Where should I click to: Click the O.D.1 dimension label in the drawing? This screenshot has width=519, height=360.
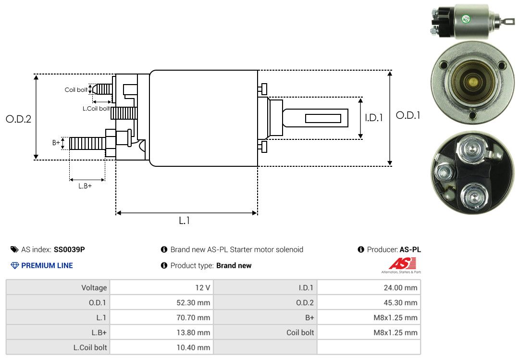coord(408,115)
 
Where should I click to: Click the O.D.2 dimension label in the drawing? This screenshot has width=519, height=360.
coord(18,119)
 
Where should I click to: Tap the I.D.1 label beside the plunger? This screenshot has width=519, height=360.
coord(373,117)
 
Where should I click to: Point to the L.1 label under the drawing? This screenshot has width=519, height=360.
coord(185,221)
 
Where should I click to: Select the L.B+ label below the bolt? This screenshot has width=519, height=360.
coord(85,186)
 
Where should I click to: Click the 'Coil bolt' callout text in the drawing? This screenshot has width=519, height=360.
coord(76,90)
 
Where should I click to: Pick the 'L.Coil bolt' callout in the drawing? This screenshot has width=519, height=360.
coord(96,109)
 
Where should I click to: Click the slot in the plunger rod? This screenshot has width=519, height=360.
coord(323,118)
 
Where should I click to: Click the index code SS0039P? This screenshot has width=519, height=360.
coord(69,249)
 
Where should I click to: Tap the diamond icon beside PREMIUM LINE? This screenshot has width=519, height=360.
coord(15,265)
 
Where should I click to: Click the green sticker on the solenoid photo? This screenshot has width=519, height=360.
coord(465,19)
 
